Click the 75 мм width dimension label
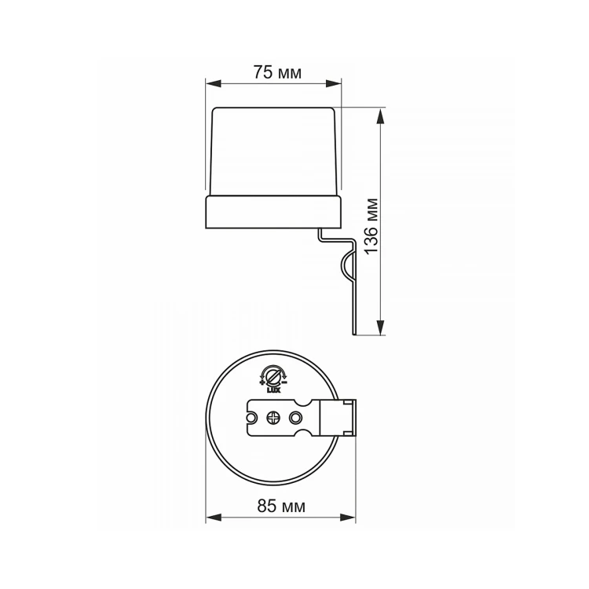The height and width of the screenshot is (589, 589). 277,72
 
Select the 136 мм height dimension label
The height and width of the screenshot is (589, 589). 371,226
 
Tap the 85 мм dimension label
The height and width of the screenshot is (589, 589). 281,506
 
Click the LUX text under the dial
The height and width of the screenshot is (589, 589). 273,390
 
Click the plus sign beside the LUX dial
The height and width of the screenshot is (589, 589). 262,382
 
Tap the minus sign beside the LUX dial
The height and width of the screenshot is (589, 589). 284,382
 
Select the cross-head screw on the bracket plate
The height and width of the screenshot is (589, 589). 273,418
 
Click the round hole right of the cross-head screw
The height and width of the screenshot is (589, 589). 295,418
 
